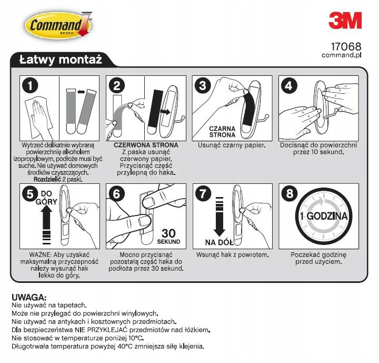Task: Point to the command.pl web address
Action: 342,55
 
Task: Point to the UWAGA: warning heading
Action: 29,298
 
